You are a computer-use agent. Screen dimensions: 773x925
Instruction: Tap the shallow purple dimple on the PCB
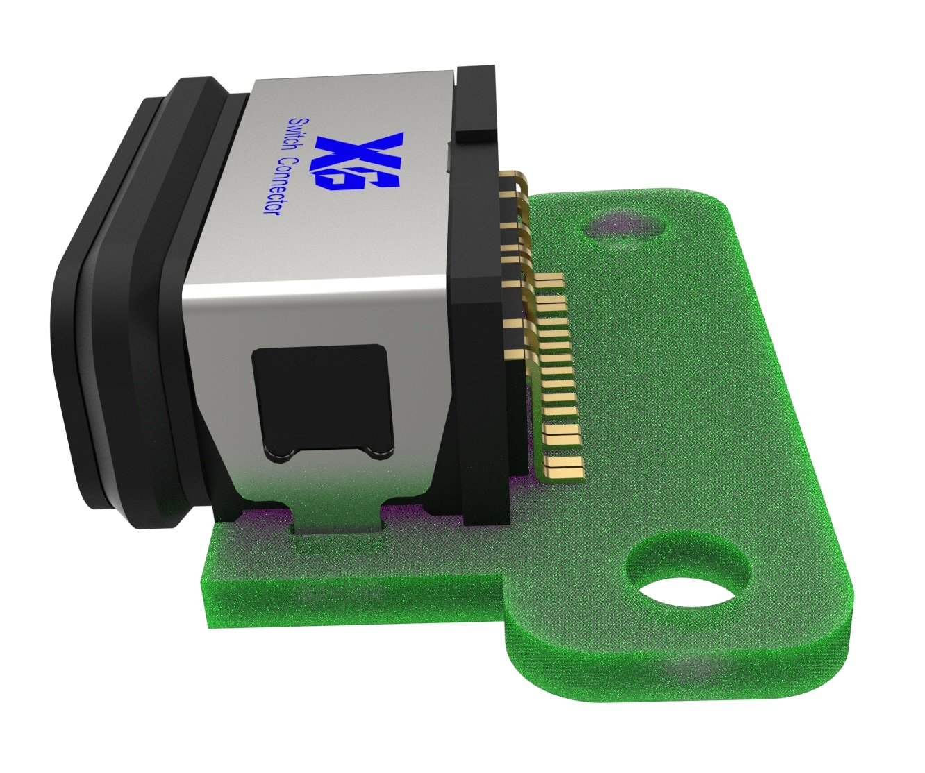coord(622,225)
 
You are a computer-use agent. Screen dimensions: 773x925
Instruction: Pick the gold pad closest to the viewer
coord(566,468)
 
